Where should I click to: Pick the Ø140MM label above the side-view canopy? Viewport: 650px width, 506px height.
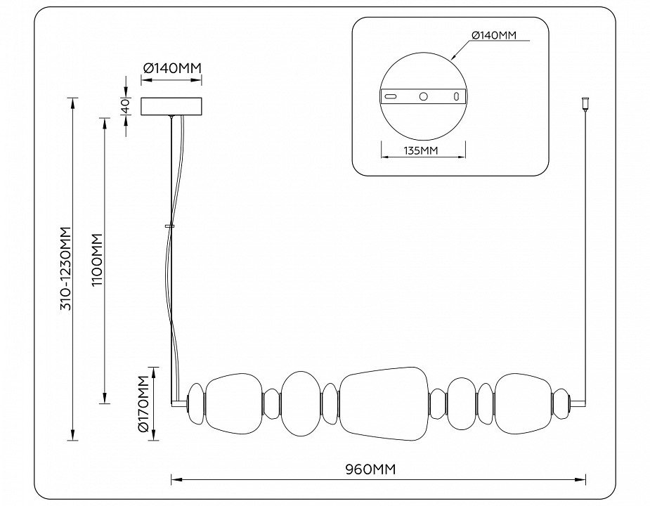[x=172, y=68]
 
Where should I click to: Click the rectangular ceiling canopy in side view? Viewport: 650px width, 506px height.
[x=172, y=106]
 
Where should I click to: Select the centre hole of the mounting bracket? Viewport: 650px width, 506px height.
[x=424, y=96]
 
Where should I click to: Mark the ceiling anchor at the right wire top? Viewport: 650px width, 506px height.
[x=584, y=104]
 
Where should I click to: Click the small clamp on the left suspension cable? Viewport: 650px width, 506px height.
[x=169, y=226]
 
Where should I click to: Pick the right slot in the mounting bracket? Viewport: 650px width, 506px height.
[x=455, y=96]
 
